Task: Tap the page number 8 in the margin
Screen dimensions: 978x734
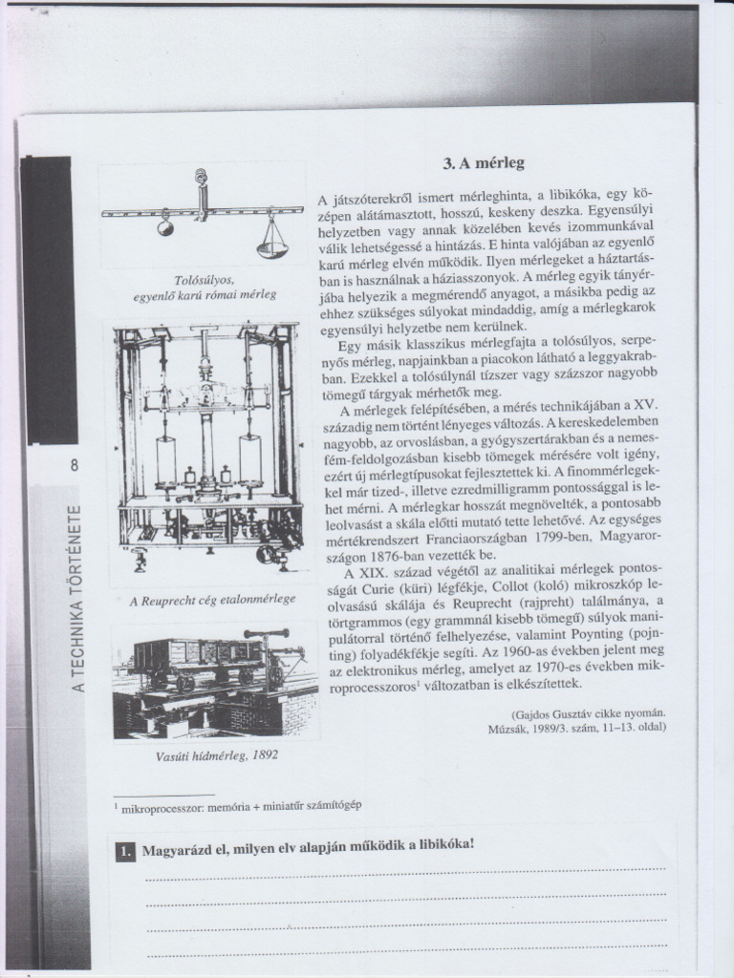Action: pos(73,466)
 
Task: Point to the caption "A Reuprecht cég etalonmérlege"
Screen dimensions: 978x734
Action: pos(211,600)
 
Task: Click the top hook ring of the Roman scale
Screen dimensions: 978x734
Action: pos(201,177)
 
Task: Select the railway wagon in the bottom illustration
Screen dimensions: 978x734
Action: pos(197,657)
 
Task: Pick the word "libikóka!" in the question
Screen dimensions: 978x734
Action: pos(443,845)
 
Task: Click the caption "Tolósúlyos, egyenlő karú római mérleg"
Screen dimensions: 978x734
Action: pos(205,287)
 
